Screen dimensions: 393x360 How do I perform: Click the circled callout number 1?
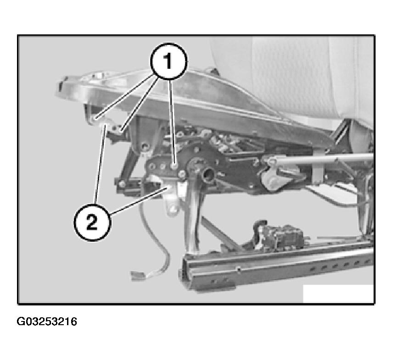[x=168, y=61]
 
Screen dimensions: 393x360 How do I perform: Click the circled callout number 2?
[x=92, y=222]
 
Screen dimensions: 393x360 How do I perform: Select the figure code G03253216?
[x=47, y=321]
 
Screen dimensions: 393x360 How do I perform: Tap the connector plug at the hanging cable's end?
[x=137, y=275]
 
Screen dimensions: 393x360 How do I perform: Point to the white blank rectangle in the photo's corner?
[x=338, y=294]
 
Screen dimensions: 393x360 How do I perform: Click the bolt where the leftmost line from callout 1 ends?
[x=95, y=118]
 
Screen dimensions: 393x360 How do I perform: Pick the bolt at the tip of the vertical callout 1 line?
[x=174, y=165]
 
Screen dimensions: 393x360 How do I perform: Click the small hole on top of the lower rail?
[x=239, y=269]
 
